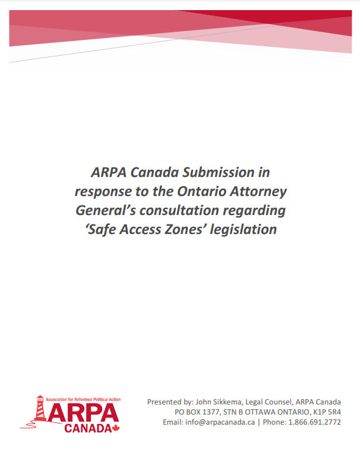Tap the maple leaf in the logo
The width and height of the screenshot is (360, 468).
116,428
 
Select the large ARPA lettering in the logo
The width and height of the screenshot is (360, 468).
83,412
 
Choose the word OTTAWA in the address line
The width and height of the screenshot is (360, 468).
260,412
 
